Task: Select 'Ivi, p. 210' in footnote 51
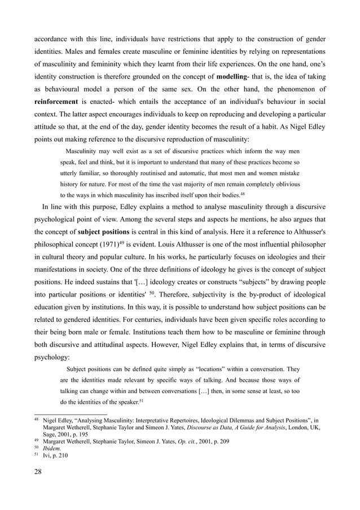(55, 457)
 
